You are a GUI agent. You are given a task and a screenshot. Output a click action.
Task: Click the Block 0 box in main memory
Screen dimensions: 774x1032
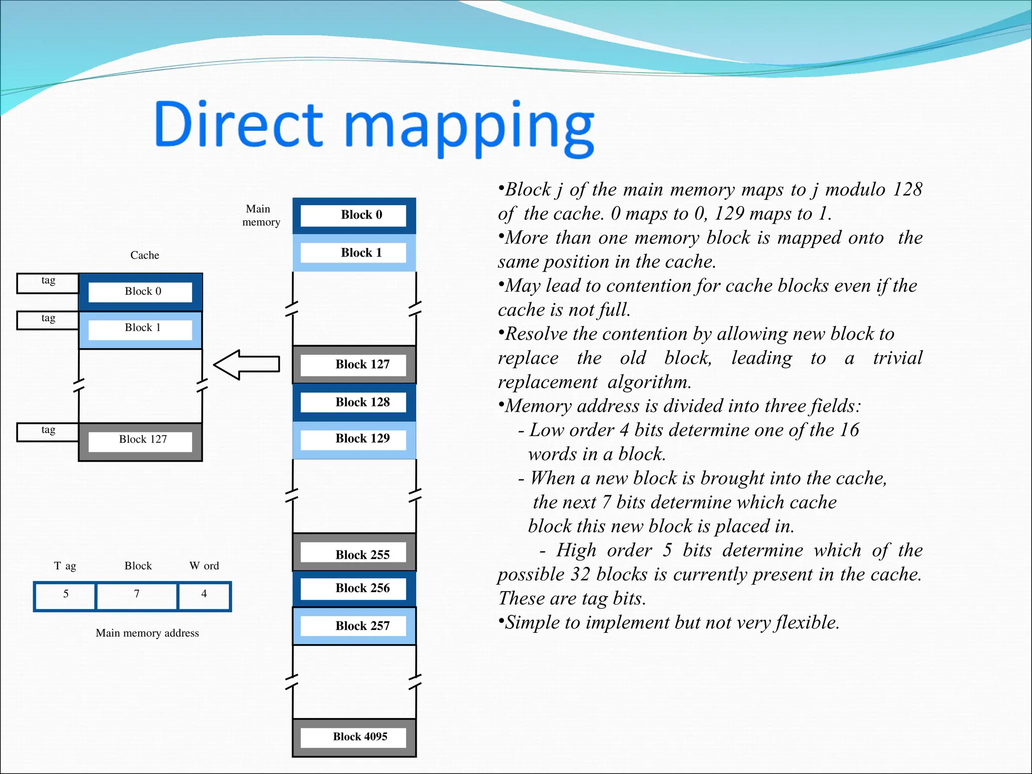[x=354, y=216]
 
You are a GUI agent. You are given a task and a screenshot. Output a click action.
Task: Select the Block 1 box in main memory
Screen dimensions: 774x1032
[x=354, y=253]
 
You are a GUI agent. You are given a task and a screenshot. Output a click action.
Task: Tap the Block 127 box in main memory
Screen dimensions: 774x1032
[x=354, y=365]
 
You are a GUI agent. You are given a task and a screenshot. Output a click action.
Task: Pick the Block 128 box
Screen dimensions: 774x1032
[x=354, y=402]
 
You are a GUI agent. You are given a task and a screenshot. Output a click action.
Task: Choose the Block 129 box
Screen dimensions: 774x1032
[x=354, y=439]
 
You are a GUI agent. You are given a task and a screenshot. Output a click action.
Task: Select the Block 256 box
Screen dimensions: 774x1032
[x=354, y=589]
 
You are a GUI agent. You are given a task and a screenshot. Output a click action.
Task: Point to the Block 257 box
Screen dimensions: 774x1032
[x=354, y=626]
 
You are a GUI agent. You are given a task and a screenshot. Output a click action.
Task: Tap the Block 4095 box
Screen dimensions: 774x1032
[x=354, y=737]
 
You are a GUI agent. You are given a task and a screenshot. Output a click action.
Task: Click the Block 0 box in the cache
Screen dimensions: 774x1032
[x=141, y=292]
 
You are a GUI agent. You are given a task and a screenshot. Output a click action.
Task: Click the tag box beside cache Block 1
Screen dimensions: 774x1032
[x=48, y=320]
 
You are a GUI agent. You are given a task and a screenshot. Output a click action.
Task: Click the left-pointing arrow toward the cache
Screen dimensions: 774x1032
[x=246, y=364]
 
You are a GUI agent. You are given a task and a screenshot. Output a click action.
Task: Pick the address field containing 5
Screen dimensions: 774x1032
[x=66, y=596]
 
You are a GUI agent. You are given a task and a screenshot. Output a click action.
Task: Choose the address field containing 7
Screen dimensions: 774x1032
[x=137, y=596]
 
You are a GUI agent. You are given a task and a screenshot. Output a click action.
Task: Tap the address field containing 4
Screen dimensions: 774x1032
[x=204, y=596]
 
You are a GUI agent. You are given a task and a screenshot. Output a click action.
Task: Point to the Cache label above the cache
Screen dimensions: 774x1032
[x=145, y=255]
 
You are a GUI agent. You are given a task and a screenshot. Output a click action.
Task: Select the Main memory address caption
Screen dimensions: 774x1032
[x=147, y=633]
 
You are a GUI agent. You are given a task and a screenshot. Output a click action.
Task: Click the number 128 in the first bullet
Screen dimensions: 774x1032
[x=907, y=189]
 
